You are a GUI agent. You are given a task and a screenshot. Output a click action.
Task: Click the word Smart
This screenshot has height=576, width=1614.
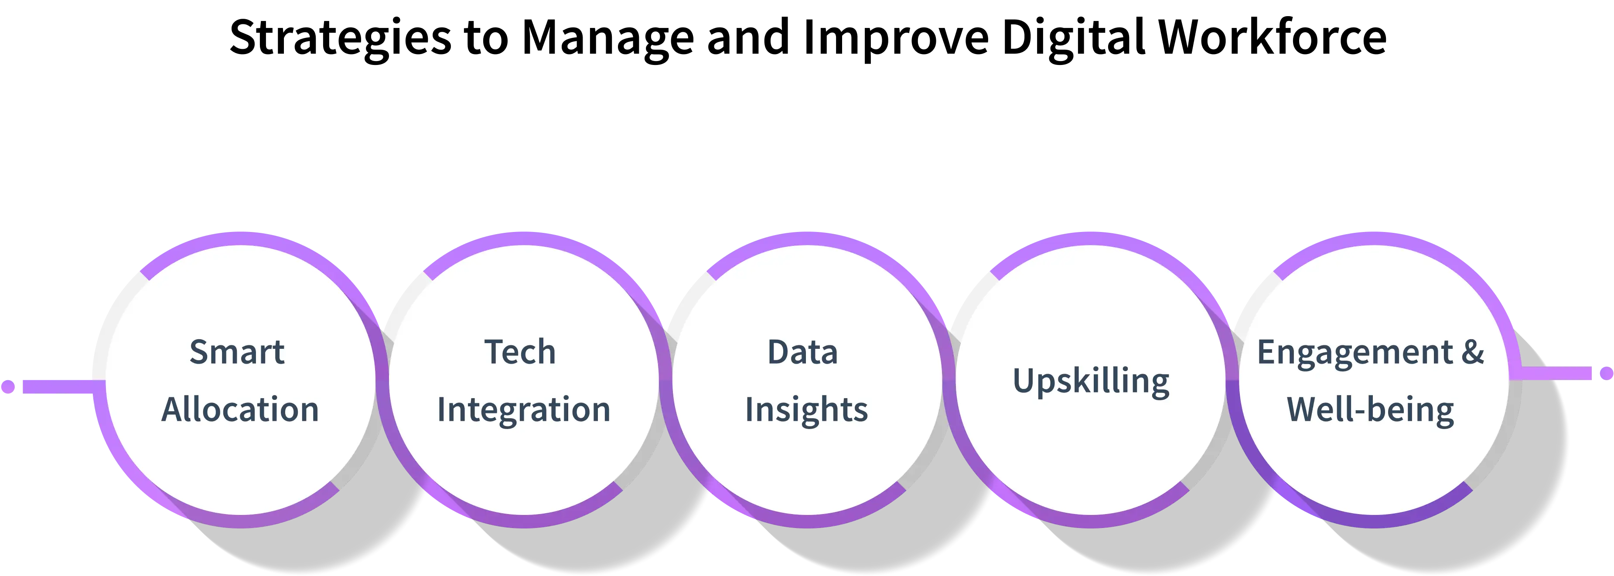click(x=237, y=352)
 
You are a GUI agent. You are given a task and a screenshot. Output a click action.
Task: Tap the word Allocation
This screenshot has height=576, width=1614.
click(x=240, y=409)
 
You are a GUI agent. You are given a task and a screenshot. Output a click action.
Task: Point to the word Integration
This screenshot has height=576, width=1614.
click(x=523, y=409)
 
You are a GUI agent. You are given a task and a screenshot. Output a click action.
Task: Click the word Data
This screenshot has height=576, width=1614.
click(x=802, y=352)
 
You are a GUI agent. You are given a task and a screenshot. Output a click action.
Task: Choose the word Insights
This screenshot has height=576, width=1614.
click(x=806, y=409)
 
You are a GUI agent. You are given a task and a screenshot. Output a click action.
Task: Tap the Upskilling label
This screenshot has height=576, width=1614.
click(x=1091, y=381)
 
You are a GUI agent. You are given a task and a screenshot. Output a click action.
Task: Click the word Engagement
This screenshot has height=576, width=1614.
click(x=1355, y=353)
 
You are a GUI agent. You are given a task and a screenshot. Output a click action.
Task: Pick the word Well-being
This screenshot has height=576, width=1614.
click(x=1370, y=410)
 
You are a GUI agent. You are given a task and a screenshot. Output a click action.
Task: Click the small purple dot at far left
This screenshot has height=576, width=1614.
click(x=8, y=385)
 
